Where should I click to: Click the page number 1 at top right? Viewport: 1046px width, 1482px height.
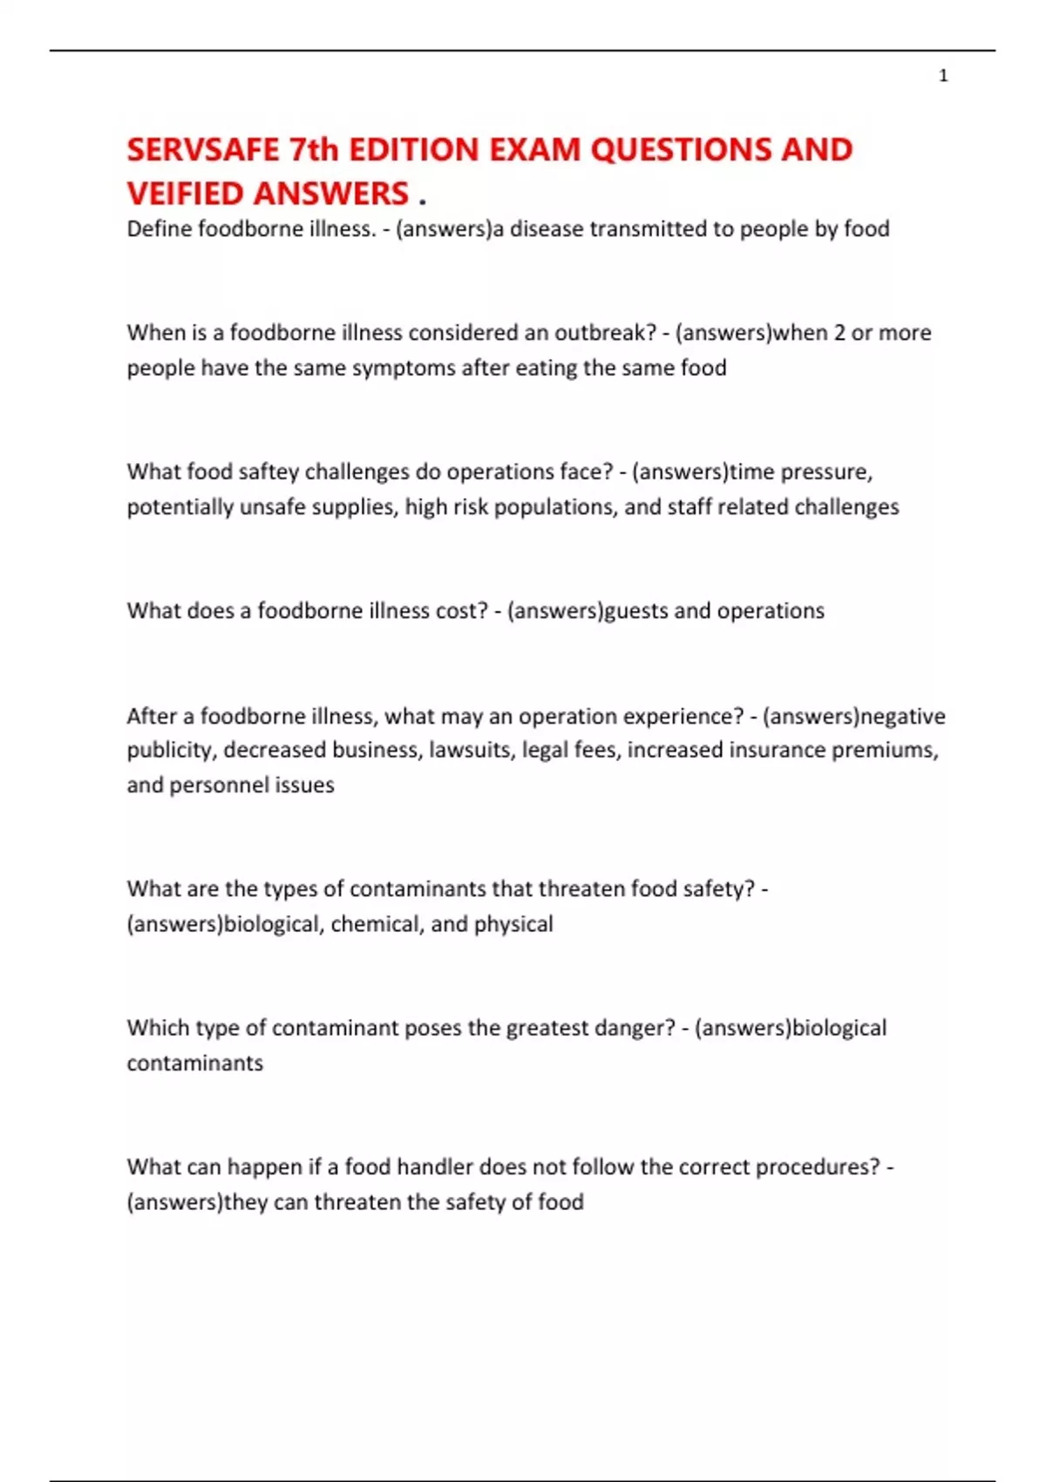(x=943, y=76)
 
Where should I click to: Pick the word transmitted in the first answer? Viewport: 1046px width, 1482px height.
(x=642, y=229)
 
